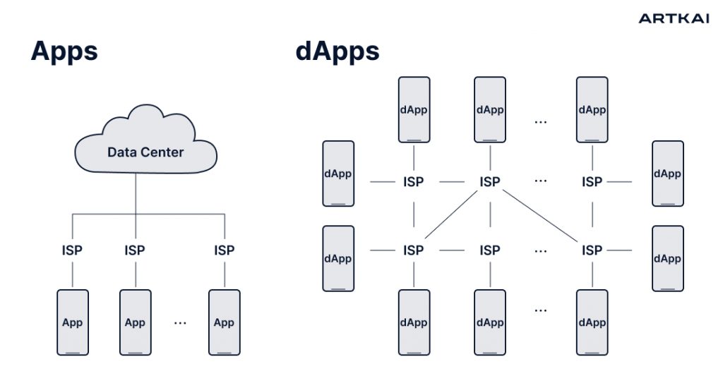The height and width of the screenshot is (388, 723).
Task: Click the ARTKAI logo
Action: [x=674, y=18]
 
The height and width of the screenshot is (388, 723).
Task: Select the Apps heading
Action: [x=64, y=51]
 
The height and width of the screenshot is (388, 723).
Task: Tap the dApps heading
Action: [x=337, y=51]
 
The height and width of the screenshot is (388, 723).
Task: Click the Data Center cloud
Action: [x=145, y=145]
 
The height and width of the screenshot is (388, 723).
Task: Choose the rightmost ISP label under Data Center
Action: [x=224, y=250]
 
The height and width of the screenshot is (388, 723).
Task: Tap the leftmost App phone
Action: [x=72, y=322]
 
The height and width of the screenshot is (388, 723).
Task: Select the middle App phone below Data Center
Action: [x=135, y=322]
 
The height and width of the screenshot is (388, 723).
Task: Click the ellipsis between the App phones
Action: [x=180, y=322]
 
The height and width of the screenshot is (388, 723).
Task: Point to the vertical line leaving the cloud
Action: [x=135, y=194]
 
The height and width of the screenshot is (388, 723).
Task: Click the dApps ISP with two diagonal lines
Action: [x=489, y=182]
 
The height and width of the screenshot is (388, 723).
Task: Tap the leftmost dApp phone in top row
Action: [x=414, y=109]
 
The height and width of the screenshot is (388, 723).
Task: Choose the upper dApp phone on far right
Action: [x=667, y=174]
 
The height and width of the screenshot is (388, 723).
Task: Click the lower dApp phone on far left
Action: [x=337, y=258]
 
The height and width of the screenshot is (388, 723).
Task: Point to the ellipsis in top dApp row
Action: [x=541, y=121]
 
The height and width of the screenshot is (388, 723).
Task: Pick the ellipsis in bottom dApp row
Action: [x=541, y=309]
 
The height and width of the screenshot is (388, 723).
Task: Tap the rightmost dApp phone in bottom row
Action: [x=592, y=322]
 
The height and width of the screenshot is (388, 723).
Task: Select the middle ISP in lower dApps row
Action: [x=489, y=250]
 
